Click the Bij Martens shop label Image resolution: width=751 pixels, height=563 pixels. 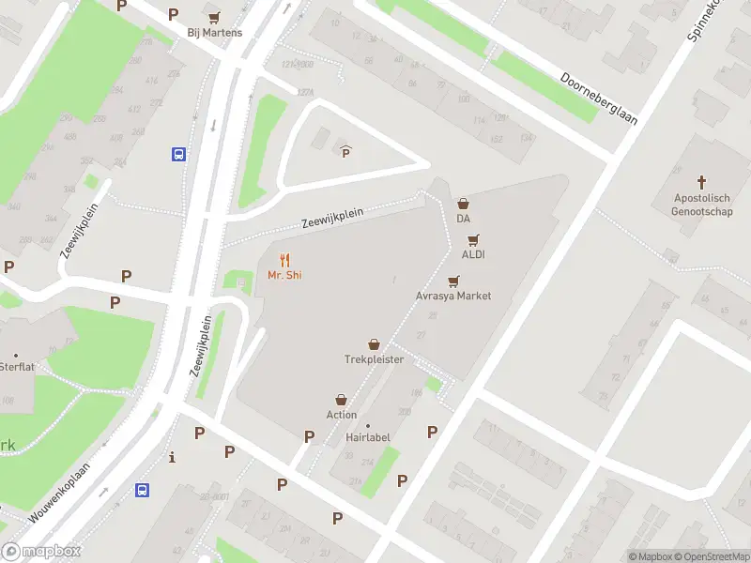(x=214, y=33)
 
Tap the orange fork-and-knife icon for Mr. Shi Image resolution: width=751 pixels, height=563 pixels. (x=284, y=260)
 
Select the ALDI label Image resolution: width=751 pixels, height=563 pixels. (x=473, y=254)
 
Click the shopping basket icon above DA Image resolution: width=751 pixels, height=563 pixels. (x=463, y=204)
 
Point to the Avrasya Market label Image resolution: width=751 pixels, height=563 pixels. (x=453, y=296)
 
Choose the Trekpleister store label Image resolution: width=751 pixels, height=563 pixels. (x=374, y=359)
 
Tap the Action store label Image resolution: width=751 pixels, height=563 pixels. (x=342, y=415)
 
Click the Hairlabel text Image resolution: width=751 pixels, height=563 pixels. (x=367, y=437)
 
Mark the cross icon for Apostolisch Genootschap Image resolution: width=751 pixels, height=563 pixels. (x=701, y=181)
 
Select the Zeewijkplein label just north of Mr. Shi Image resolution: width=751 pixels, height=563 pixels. (x=331, y=217)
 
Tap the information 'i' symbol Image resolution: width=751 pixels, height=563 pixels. (x=172, y=458)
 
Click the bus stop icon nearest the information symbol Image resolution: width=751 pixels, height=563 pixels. (x=143, y=490)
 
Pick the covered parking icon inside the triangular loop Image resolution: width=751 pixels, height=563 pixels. (x=345, y=151)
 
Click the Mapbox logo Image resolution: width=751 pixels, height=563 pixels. (x=41, y=552)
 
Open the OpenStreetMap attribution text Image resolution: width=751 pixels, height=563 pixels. (x=713, y=556)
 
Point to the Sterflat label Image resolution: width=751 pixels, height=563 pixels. (x=17, y=366)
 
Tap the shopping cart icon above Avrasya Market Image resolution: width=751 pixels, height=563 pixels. (x=454, y=281)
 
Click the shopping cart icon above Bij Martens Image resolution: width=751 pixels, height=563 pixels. (x=214, y=17)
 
